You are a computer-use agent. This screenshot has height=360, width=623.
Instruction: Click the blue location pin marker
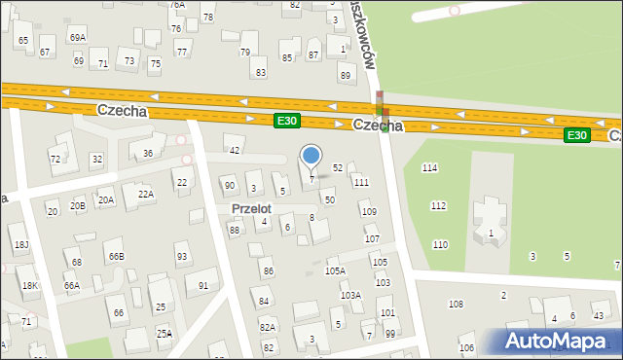[311, 156]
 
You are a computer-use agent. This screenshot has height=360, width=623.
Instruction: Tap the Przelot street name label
[250, 208]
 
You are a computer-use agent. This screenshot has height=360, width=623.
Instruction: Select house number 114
[429, 168]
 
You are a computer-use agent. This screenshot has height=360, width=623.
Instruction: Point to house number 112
[439, 205]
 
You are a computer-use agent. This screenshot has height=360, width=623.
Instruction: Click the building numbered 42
[234, 150]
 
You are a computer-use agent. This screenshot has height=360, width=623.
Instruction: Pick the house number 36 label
[148, 153]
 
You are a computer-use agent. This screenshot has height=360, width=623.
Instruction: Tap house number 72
[55, 159]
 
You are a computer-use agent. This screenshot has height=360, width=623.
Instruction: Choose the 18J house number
[20, 243]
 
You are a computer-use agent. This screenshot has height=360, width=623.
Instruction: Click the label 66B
[116, 256]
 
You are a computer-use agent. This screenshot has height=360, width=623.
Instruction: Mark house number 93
[182, 257]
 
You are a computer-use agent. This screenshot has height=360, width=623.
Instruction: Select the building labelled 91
[203, 285]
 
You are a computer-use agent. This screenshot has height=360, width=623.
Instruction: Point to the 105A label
[335, 270]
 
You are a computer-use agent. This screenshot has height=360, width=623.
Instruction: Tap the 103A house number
[350, 295]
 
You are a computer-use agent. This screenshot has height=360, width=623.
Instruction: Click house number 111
[361, 182]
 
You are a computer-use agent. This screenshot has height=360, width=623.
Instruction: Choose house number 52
[338, 167]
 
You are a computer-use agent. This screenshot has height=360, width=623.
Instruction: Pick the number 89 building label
[345, 75]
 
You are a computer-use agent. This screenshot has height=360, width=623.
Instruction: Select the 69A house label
[77, 37]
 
